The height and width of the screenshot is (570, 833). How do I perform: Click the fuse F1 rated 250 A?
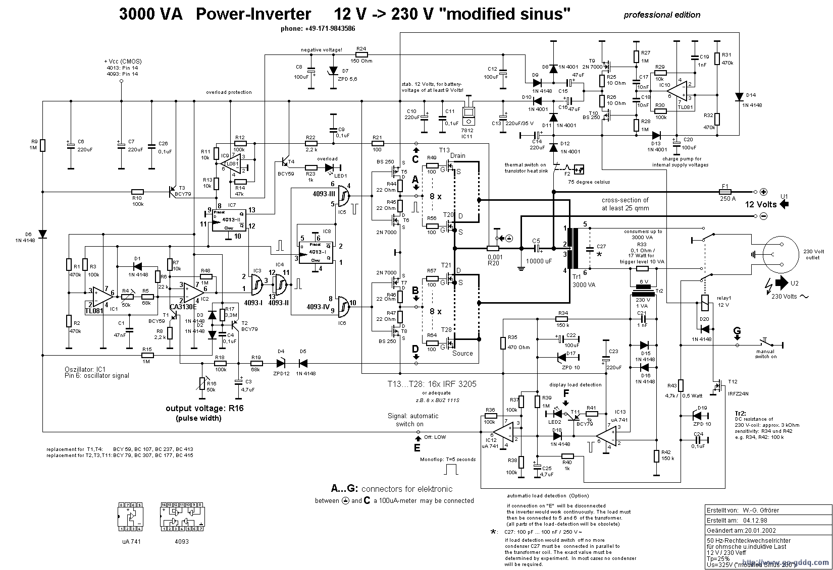(725, 192)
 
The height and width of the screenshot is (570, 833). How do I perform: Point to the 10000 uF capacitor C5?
(536, 249)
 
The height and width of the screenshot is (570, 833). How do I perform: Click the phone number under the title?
(318, 29)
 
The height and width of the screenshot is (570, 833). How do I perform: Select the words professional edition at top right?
(661, 15)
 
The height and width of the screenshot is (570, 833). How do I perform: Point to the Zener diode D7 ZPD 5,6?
(333, 71)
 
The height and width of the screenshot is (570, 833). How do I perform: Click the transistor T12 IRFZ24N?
(717, 387)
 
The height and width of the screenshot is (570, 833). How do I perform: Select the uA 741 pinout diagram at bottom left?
(130, 517)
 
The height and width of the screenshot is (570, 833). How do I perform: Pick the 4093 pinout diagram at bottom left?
(182, 517)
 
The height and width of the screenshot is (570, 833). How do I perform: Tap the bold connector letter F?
(566, 393)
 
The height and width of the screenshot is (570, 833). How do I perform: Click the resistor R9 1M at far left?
(43, 146)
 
